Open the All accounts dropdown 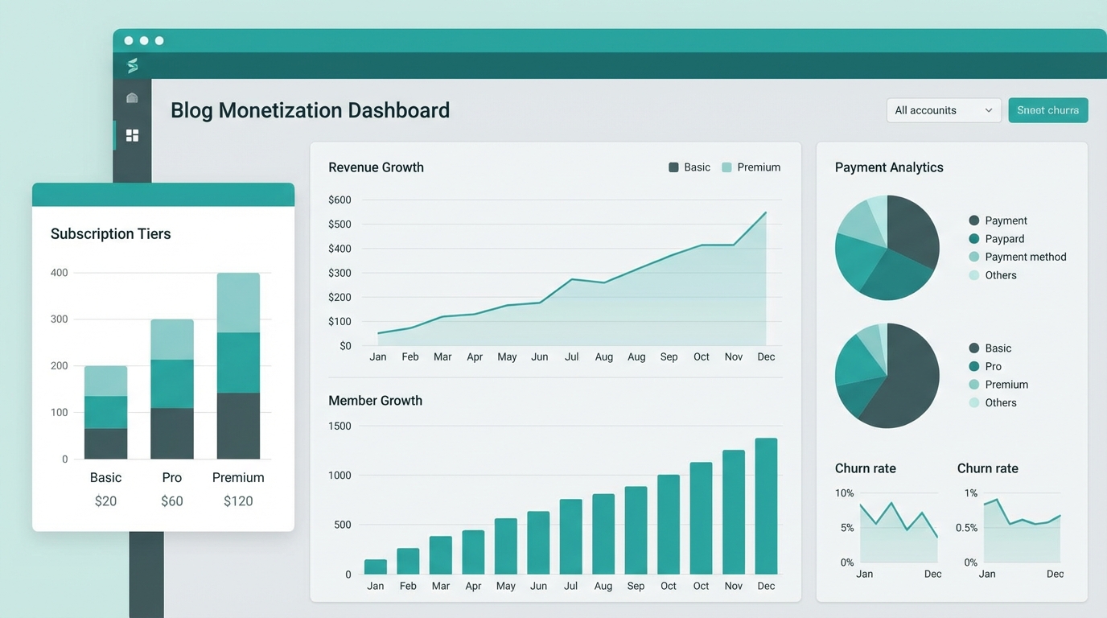point(943,110)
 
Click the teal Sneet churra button point(1047,110)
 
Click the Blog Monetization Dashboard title point(310,110)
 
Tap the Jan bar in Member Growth point(376,566)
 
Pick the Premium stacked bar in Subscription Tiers point(238,366)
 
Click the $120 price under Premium point(238,501)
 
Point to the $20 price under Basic point(105,501)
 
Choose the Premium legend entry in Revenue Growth point(751,167)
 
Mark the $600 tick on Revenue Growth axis point(340,200)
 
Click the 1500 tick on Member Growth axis point(340,426)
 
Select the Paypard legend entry point(1004,239)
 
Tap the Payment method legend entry point(1025,257)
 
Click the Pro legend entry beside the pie point(993,366)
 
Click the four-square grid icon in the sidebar point(132,135)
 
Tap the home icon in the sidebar point(132,98)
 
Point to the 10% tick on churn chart point(844,492)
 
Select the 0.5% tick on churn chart point(966,528)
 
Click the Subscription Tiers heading point(110,234)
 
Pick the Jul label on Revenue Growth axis point(571,356)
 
